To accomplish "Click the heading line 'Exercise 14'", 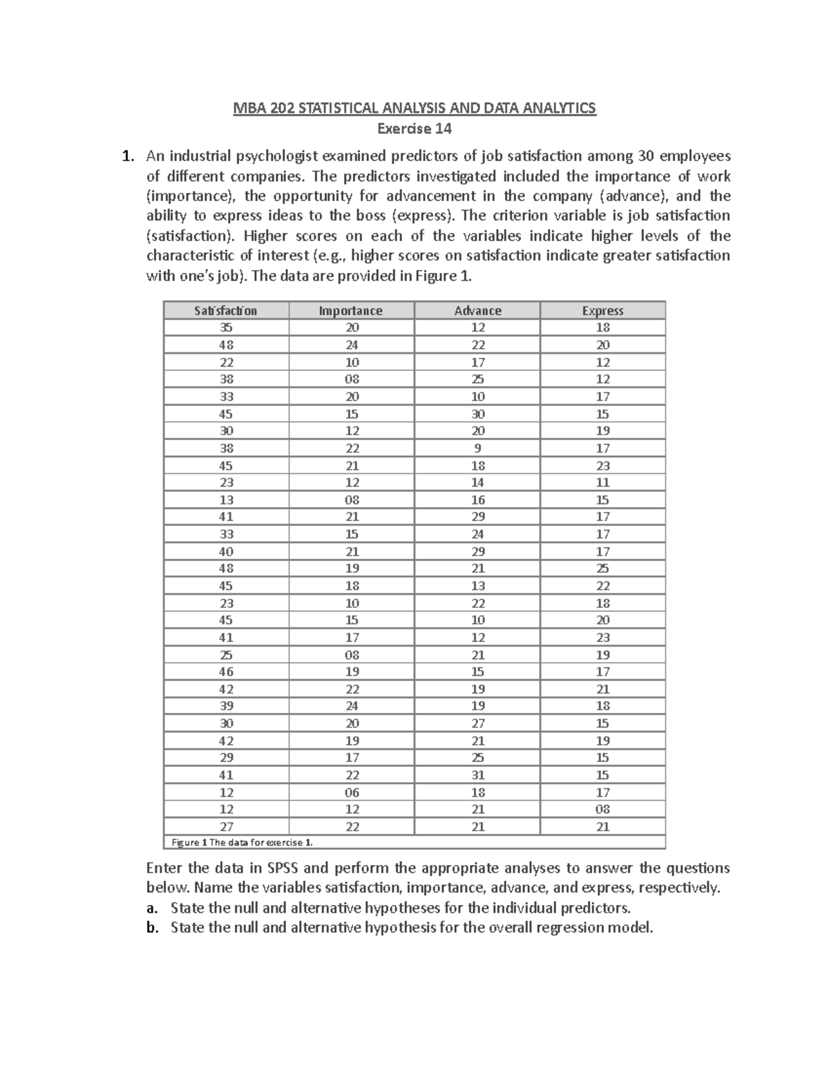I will click(414, 129).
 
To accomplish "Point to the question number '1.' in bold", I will click(126, 156).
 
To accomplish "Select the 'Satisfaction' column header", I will click(226, 311).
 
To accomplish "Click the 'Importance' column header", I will click(350, 311).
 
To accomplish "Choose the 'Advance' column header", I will click(477, 311).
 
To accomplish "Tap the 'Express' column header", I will click(602, 311).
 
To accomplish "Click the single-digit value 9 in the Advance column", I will click(477, 448).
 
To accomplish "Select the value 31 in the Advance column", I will click(477, 775).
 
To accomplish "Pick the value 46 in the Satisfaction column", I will click(226, 672).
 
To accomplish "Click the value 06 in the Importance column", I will click(352, 792).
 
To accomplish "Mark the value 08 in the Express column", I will click(602, 809).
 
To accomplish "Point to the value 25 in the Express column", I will click(602, 569).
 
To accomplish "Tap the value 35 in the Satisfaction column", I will click(226, 328).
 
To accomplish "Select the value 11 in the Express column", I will click(602, 483).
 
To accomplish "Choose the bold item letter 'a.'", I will click(153, 908).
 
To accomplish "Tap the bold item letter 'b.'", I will click(153, 928).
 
